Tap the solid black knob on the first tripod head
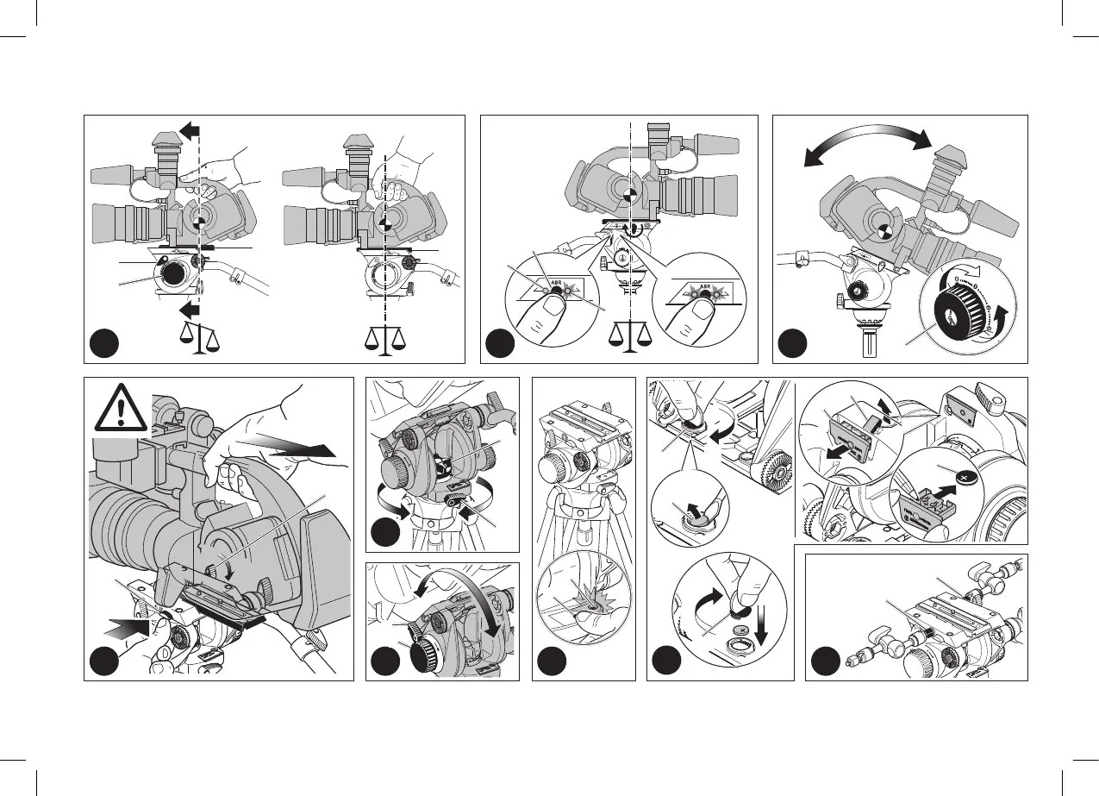click(x=172, y=273)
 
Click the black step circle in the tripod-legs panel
click(x=550, y=663)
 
